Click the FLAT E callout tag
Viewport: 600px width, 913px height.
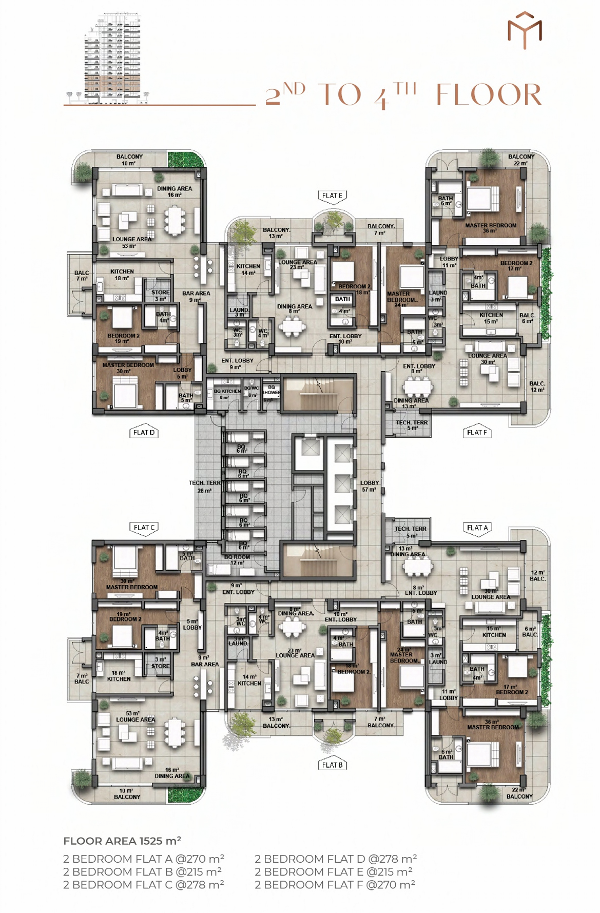[332, 196]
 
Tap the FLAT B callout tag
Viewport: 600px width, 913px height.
[332, 765]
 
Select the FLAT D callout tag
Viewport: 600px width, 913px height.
[144, 432]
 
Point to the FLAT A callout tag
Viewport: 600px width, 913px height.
[477, 528]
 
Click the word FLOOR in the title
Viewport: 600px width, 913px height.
[489, 95]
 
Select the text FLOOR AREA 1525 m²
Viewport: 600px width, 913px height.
[122, 841]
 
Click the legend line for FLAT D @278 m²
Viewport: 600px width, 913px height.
[336, 859]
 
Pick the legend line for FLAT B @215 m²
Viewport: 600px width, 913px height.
[142, 871]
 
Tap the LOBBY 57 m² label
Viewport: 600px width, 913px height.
[369, 486]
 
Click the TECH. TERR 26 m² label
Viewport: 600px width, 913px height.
[205, 487]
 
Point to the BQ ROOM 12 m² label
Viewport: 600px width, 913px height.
[237, 559]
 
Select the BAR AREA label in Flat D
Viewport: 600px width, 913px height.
[196, 296]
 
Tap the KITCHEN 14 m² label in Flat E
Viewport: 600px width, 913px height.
[248, 269]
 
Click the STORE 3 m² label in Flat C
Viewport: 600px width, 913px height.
[160, 663]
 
